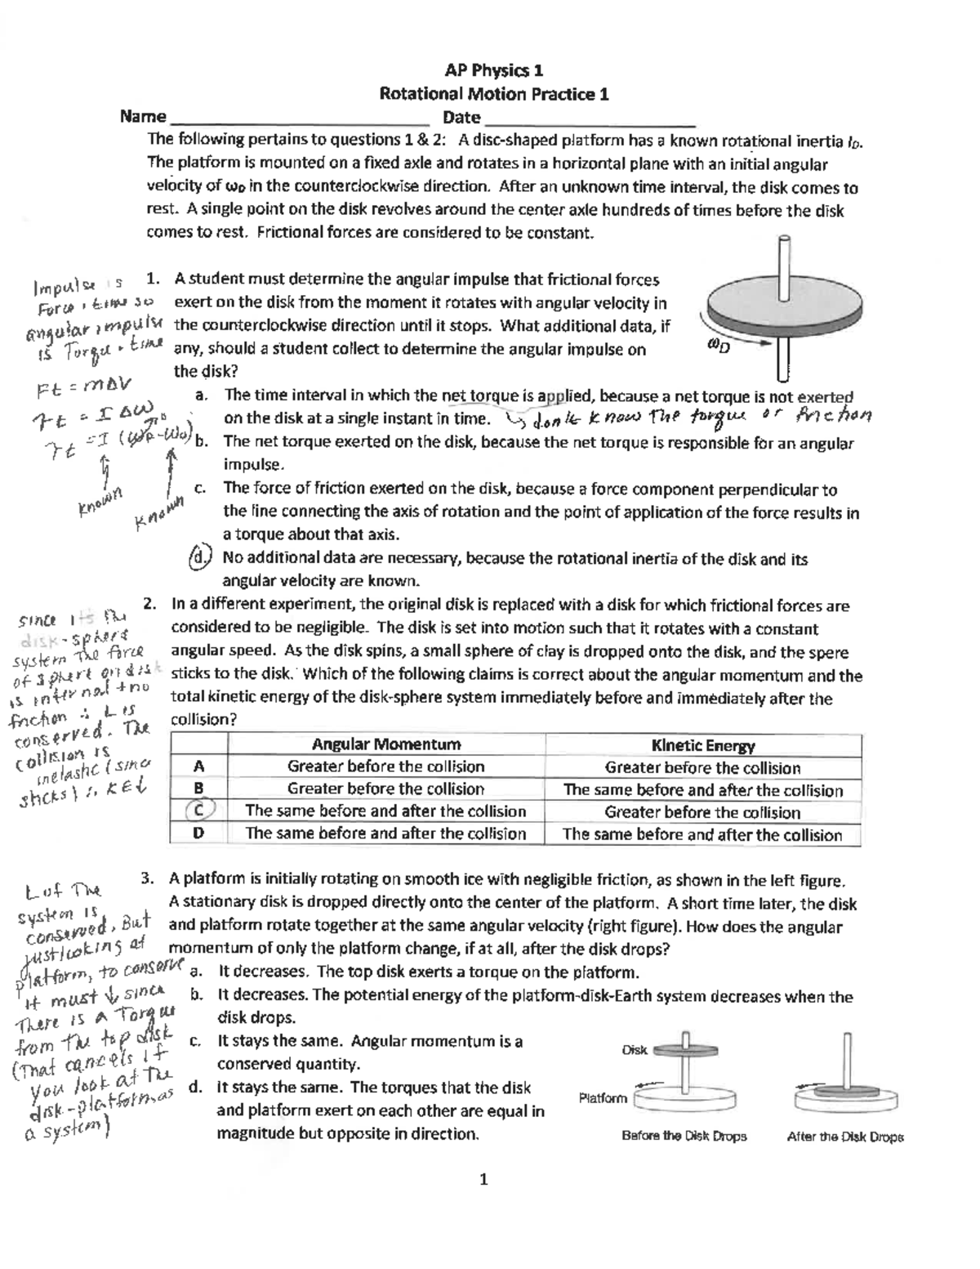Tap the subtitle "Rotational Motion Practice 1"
[x=494, y=94]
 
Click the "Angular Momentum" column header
[x=386, y=744]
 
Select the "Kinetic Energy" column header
[x=702, y=745]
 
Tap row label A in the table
[x=198, y=766]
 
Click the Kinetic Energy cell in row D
[x=702, y=834]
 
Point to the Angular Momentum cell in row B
[x=386, y=789]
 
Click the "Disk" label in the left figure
[x=635, y=1050]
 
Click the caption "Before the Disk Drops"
[x=684, y=1136]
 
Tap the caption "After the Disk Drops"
[x=844, y=1136]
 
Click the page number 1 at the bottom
[x=484, y=1178]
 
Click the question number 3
[x=148, y=879]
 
